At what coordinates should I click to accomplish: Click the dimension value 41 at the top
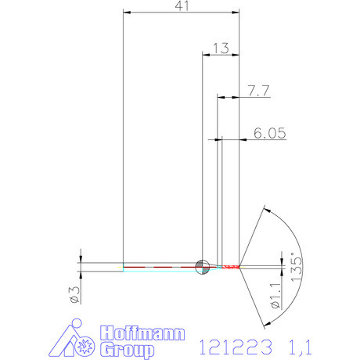pos(181,6)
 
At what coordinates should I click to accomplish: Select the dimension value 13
pos(220,48)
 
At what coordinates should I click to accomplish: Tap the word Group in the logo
pos(128,350)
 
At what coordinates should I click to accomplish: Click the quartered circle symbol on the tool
pos(202,266)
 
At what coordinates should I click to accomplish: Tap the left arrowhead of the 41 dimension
pos(128,13)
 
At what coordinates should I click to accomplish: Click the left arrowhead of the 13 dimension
pos(206,54)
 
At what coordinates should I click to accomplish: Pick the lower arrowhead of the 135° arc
pos(266,322)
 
